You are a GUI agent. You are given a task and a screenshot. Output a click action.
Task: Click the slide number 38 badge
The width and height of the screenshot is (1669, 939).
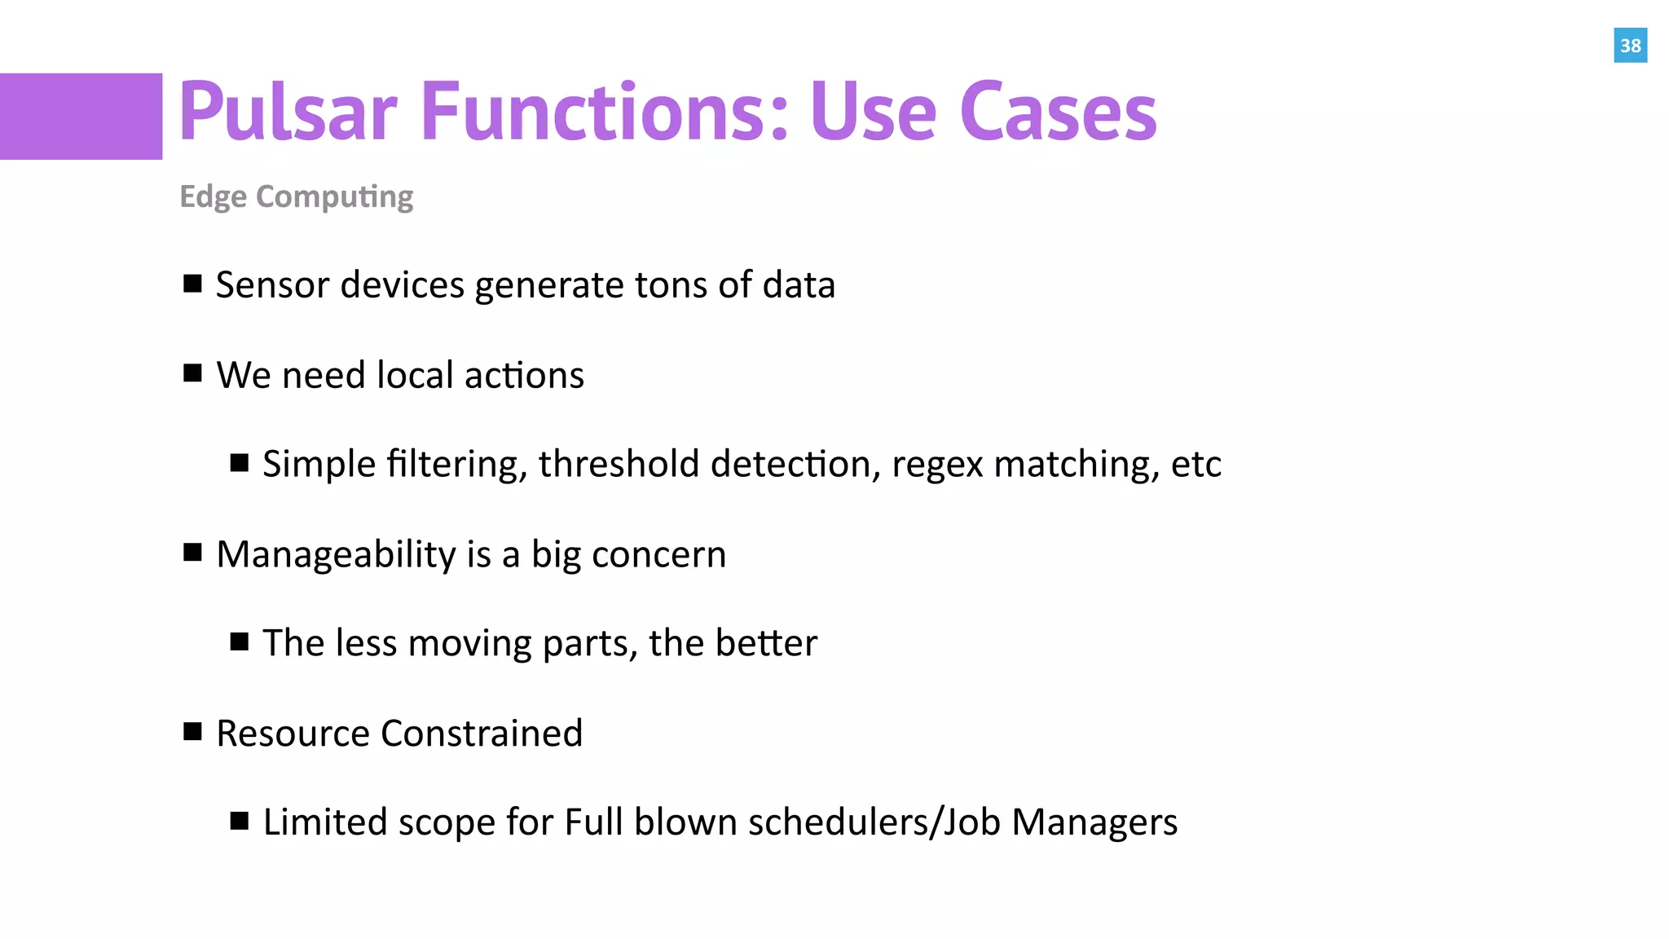click(x=1630, y=46)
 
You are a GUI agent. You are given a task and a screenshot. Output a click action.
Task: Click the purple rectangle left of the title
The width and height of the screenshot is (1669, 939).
click(x=81, y=117)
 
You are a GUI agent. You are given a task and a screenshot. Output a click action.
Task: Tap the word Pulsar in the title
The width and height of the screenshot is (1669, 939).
click(x=288, y=112)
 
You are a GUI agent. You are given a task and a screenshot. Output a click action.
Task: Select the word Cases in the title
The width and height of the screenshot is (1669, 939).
click(x=1058, y=112)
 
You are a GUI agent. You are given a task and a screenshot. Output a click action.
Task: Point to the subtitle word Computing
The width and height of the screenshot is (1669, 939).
click(x=334, y=197)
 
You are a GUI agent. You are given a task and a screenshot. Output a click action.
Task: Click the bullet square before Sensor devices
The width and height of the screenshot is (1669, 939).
click(x=192, y=284)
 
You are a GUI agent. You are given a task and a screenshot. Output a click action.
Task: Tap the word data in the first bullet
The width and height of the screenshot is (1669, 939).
click(x=799, y=285)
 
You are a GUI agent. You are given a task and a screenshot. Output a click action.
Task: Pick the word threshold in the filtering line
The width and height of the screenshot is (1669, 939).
click(x=619, y=465)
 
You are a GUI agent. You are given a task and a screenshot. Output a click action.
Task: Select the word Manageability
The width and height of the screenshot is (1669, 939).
click(x=336, y=555)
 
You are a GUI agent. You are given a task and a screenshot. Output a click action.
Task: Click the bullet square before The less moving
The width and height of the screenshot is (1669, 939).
click(x=239, y=641)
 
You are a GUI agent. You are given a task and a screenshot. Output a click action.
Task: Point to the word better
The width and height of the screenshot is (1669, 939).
click(x=766, y=643)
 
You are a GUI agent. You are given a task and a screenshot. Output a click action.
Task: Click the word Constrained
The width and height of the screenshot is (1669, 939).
click(x=482, y=734)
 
